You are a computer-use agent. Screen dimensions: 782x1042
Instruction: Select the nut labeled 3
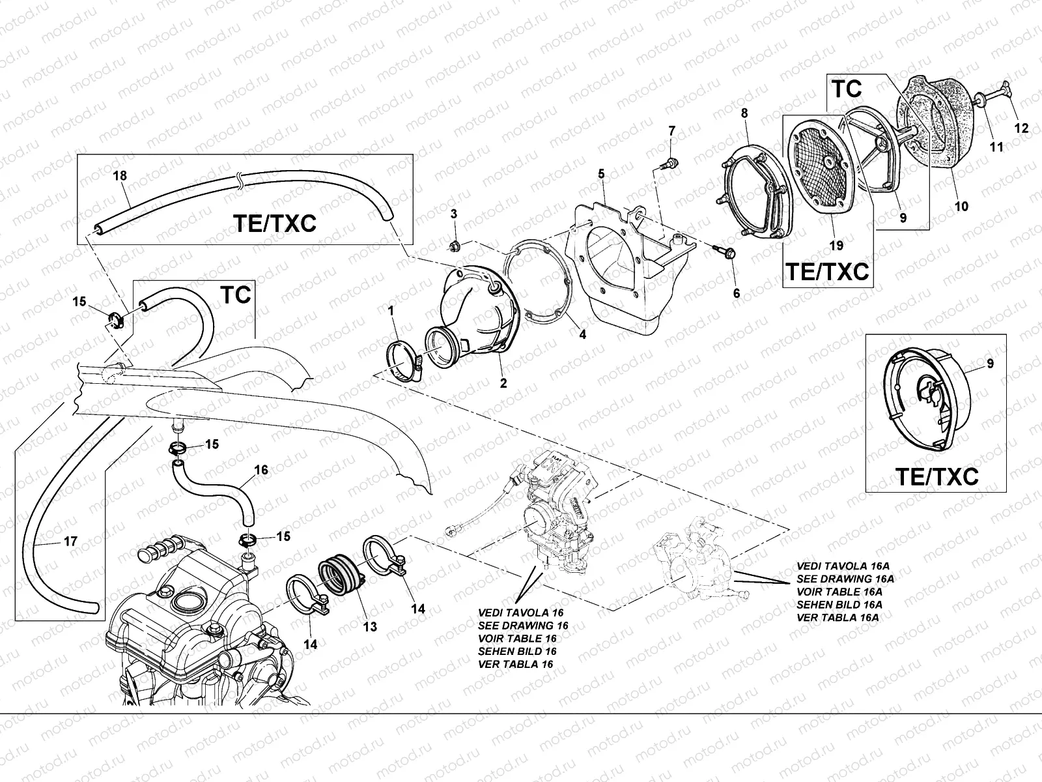point(455,246)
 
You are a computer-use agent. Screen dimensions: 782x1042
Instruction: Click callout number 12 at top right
point(1022,129)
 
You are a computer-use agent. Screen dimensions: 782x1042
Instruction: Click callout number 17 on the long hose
point(72,540)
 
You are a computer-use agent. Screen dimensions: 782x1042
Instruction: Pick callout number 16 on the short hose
point(260,470)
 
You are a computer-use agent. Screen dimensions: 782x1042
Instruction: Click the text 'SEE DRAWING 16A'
point(845,579)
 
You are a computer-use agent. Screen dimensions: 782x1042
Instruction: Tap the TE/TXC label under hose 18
point(274,224)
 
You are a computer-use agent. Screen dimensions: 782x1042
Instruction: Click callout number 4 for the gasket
point(582,335)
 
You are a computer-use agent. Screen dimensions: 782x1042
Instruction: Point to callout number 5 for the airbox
point(601,173)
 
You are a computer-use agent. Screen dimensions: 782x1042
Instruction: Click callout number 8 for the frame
point(744,113)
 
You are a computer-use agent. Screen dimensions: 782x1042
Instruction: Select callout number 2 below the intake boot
point(503,384)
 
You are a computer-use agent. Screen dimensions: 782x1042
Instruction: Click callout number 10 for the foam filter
point(961,207)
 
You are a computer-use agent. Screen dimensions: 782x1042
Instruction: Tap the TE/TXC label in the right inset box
point(937,477)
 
